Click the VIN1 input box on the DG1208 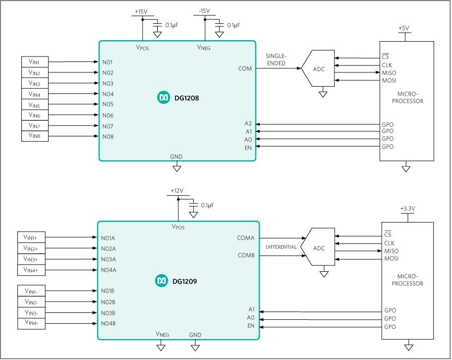tap(35, 62)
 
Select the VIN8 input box tap(35, 135)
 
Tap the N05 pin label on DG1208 tap(108, 104)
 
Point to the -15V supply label tap(204, 11)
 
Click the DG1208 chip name tap(186, 98)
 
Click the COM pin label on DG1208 tap(245, 68)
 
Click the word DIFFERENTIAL tap(281, 247)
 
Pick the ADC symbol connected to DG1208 tap(319, 69)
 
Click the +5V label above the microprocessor tap(403, 29)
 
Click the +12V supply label tap(177, 191)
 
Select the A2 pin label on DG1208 tap(248, 123)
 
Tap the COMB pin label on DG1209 tap(246, 256)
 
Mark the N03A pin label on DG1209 tap(109, 259)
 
